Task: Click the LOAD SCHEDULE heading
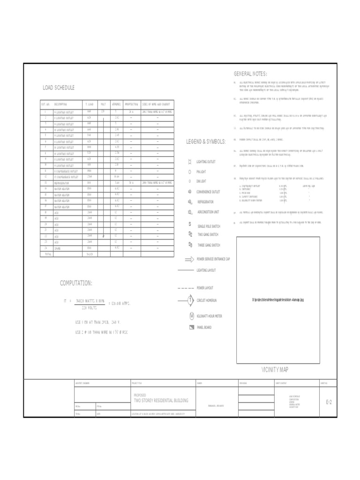(x=59, y=88)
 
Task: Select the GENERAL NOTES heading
(x=250, y=74)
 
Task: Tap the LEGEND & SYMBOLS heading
(x=206, y=142)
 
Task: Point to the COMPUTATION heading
(x=76, y=283)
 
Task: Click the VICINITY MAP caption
(x=275, y=370)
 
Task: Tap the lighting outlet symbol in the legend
(x=190, y=162)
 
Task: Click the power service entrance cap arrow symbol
(x=189, y=259)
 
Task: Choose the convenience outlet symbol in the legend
(x=190, y=192)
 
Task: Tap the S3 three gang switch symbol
(x=190, y=245)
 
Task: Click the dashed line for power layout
(x=186, y=287)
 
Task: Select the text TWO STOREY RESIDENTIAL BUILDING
(x=161, y=400)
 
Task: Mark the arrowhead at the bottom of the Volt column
(x=103, y=236)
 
